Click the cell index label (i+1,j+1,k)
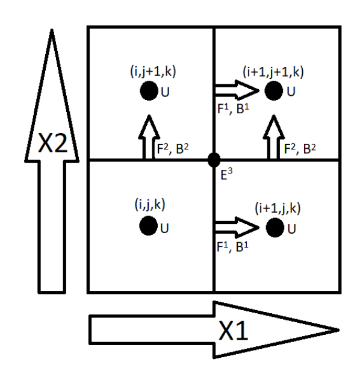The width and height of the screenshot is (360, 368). pyautogui.click(x=273, y=71)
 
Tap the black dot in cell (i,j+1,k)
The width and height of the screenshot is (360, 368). pyautogui.click(x=147, y=92)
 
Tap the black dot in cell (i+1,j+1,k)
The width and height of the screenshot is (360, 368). pyautogui.click(x=274, y=92)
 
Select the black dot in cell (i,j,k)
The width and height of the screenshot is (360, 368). pyautogui.click(x=147, y=226)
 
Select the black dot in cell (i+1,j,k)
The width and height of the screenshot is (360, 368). pyautogui.click(x=274, y=228)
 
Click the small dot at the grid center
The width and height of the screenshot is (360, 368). pyautogui.click(x=214, y=160)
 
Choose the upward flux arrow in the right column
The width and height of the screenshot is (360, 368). pyautogui.click(x=276, y=137)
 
